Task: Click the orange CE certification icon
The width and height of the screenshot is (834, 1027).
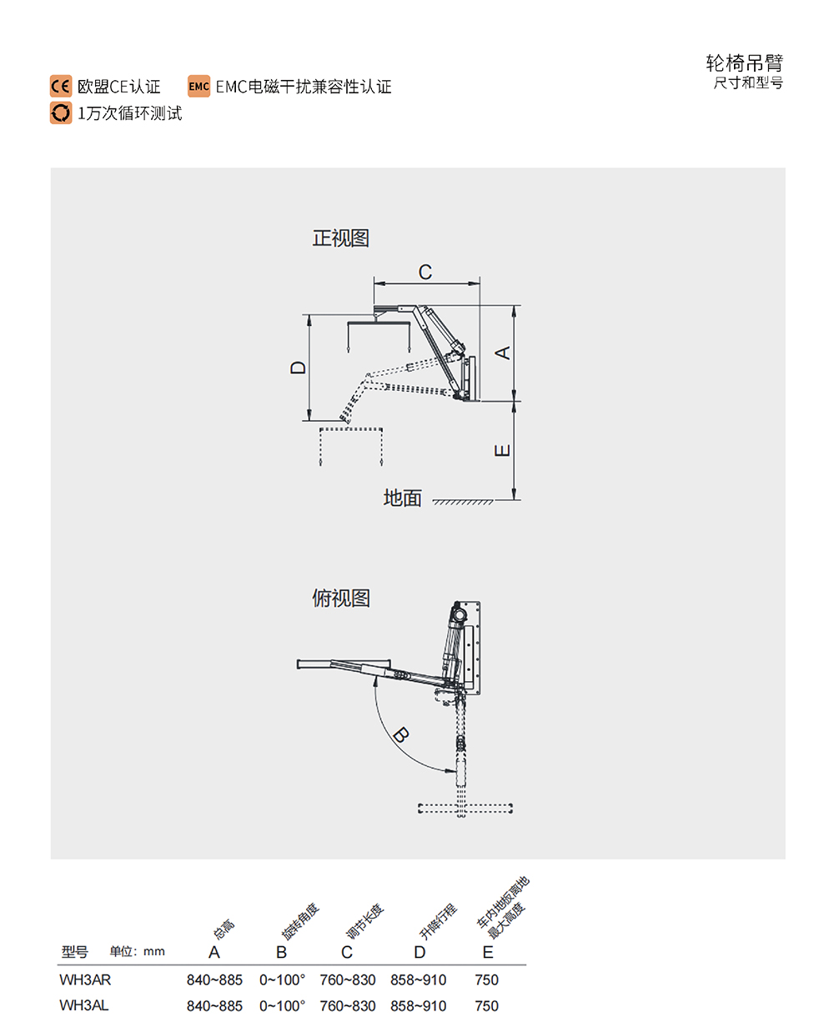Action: click(61, 87)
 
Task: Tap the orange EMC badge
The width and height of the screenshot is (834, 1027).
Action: click(198, 87)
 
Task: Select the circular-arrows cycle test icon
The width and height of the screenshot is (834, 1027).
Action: click(61, 113)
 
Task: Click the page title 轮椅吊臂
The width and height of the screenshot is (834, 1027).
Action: click(744, 63)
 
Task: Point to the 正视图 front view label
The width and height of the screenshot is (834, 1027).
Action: click(340, 238)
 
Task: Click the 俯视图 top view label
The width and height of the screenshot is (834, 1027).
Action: click(340, 599)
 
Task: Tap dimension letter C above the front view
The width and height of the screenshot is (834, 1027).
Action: click(425, 272)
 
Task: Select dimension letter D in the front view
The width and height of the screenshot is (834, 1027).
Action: click(298, 368)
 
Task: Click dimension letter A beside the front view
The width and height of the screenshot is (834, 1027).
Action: click(503, 353)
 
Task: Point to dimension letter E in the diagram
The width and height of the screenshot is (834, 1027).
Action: click(503, 450)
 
